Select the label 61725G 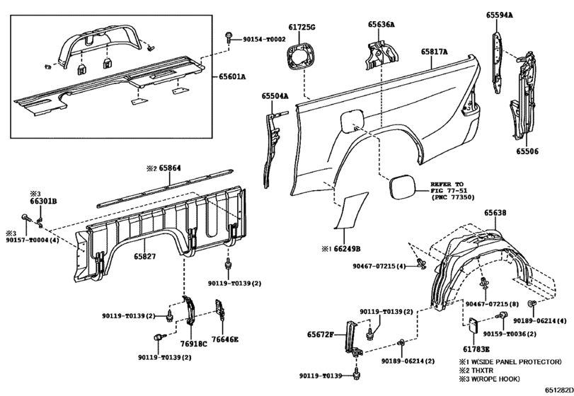pos(302,27)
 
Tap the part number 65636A pos(381,24)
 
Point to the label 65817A pos(435,52)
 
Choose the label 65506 pos(527,151)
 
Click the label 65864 pos(170,169)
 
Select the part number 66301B pos(44,201)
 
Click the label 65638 pos(495,212)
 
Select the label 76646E pos(225,339)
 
